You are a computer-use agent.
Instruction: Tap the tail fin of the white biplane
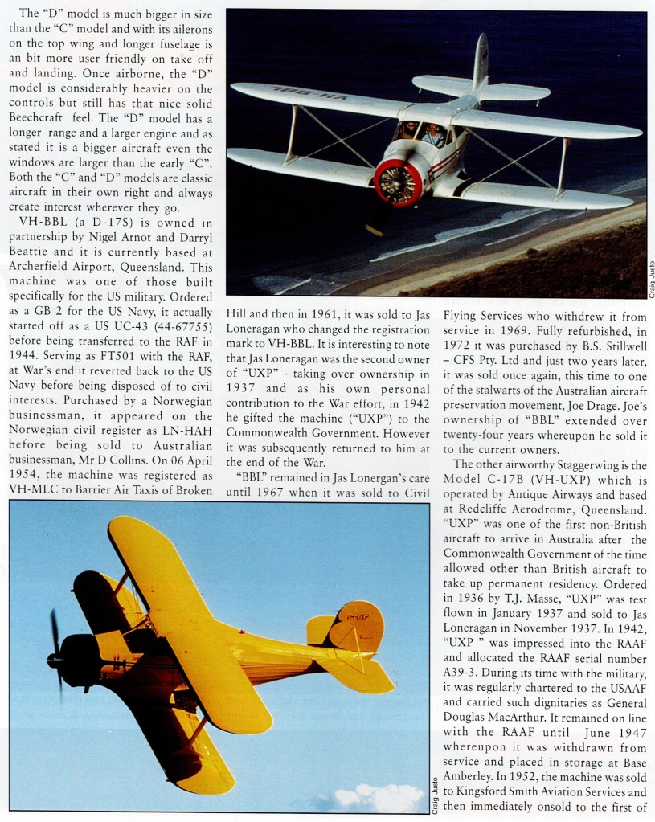(x=480, y=61)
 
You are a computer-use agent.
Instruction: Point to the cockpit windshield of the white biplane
(x=422, y=133)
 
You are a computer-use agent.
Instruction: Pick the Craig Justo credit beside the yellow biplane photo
(x=435, y=791)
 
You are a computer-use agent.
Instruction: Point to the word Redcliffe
(x=484, y=510)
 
